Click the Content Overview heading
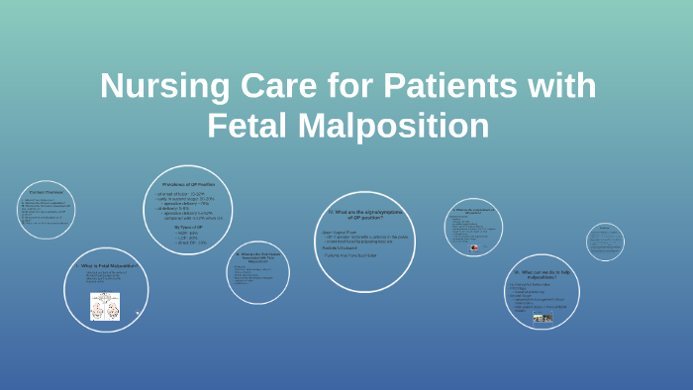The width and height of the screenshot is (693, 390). tap(46, 191)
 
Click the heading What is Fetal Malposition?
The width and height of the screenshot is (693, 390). tap(106, 265)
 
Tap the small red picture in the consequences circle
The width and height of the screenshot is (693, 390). tap(473, 248)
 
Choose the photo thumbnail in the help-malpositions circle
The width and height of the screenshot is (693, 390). tap(543, 319)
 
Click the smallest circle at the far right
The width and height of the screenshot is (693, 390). tap(605, 241)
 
